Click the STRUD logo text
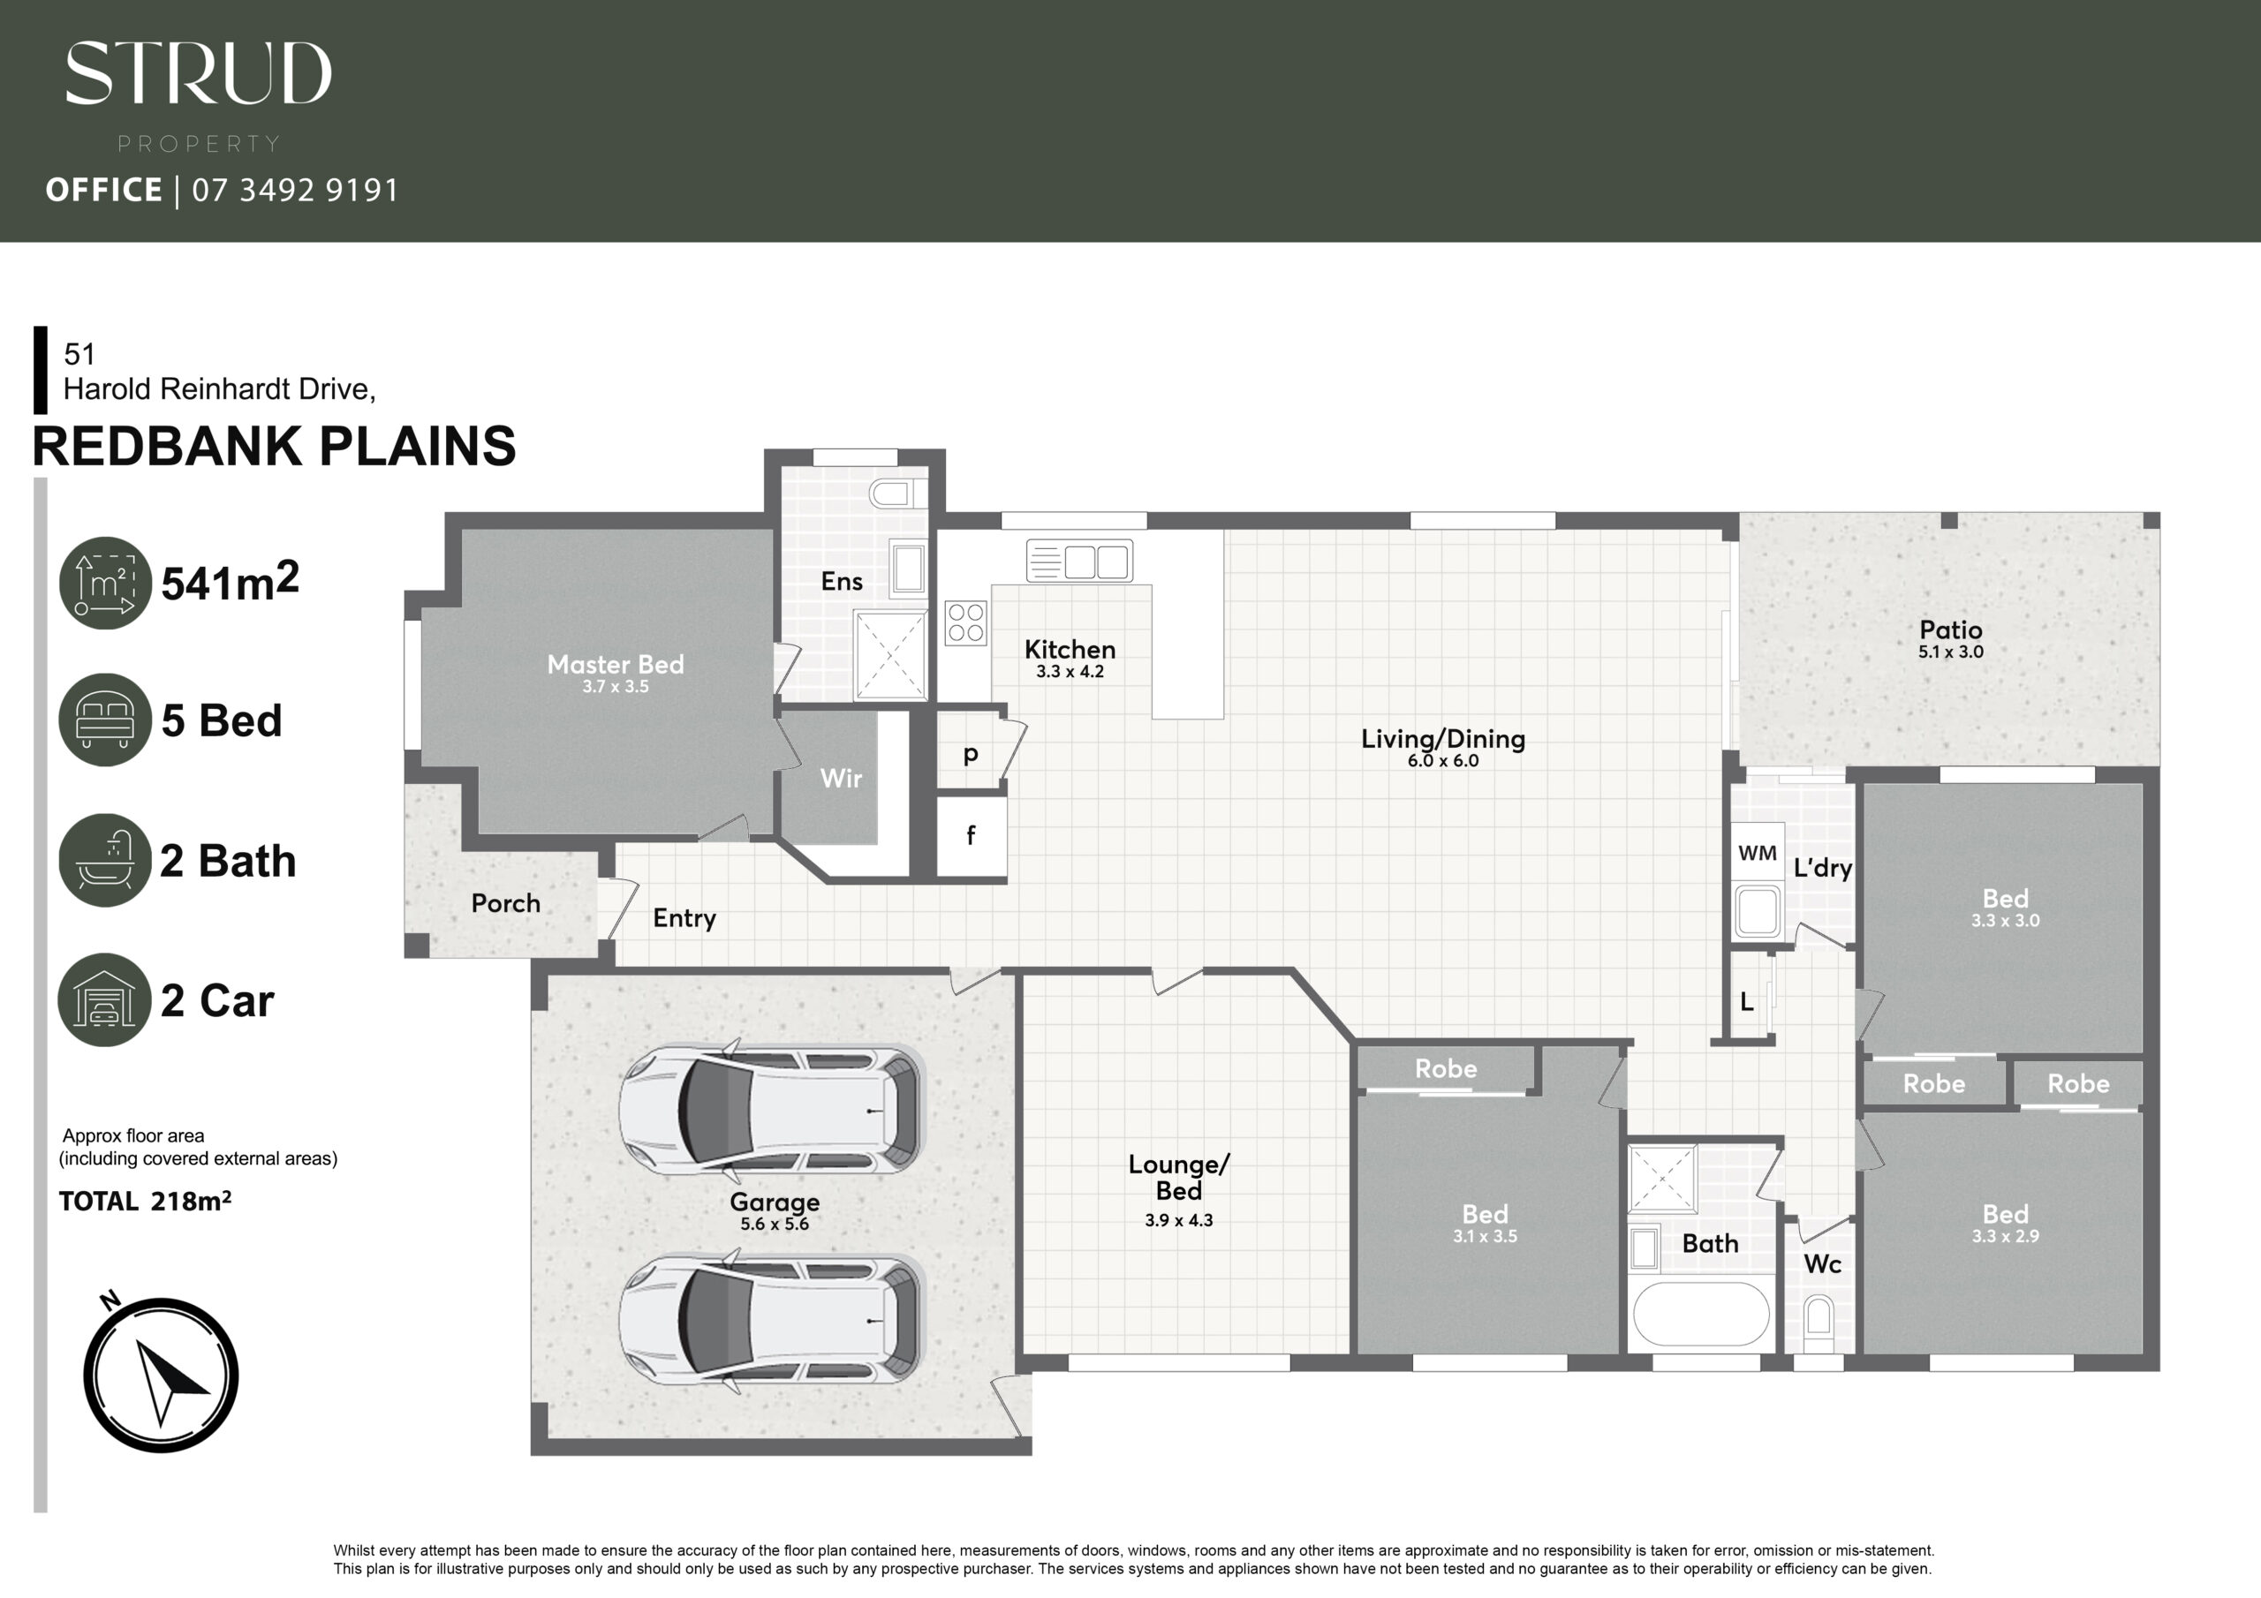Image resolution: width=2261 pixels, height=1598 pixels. (198, 73)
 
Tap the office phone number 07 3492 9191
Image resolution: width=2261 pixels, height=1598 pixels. (295, 189)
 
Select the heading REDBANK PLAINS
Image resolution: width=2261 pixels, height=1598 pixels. (274, 446)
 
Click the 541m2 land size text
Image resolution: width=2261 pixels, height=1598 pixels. (230, 582)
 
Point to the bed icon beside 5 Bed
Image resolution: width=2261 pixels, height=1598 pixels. (105, 720)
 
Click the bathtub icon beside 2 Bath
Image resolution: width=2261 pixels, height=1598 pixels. (105, 860)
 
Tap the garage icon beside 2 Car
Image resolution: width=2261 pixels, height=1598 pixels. (104, 999)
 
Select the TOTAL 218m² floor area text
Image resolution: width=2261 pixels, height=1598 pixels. (145, 1202)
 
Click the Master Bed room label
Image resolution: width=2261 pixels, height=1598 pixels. (616, 665)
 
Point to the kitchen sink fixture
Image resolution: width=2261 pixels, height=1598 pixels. (1079, 562)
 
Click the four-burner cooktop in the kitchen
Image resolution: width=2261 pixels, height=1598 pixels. (965, 623)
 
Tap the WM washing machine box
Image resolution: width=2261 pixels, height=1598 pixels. (1758, 853)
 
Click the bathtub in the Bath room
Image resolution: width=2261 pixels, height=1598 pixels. (1701, 1314)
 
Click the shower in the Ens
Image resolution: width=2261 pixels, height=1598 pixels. (890, 655)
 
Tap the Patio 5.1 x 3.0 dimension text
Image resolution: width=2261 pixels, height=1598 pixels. (1951, 652)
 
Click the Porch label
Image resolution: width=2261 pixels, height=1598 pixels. (506, 903)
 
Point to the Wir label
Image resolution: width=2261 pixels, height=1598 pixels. (841, 779)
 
